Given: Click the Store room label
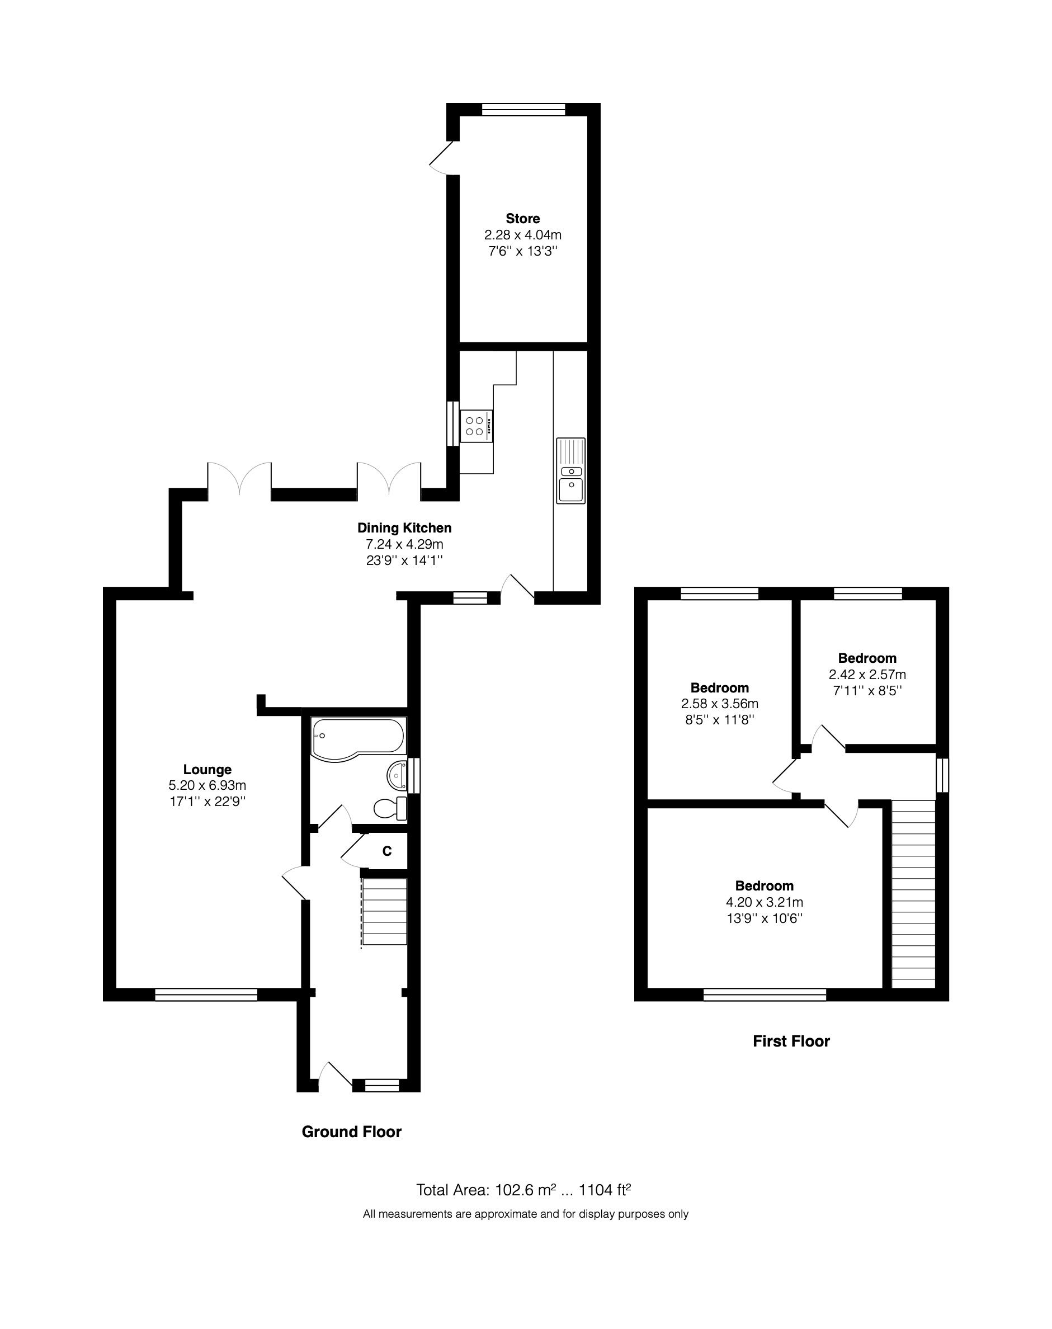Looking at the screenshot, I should (x=522, y=219).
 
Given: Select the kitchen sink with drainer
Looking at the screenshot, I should (x=571, y=470).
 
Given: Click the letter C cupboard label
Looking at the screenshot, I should (x=387, y=851).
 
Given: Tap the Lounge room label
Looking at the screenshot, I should (x=207, y=769).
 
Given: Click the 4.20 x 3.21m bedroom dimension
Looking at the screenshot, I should (x=764, y=902).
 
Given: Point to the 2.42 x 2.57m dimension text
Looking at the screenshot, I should (x=867, y=675).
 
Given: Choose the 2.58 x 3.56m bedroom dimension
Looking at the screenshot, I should (x=719, y=703).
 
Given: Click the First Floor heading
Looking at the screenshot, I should (x=791, y=1041).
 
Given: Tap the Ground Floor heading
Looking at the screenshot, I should (x=351, y=1132).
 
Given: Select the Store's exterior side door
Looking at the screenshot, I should (x=442, y=158).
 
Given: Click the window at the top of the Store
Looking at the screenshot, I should (x=523, y=110).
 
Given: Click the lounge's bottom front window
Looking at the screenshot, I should (x=206, y=994).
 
